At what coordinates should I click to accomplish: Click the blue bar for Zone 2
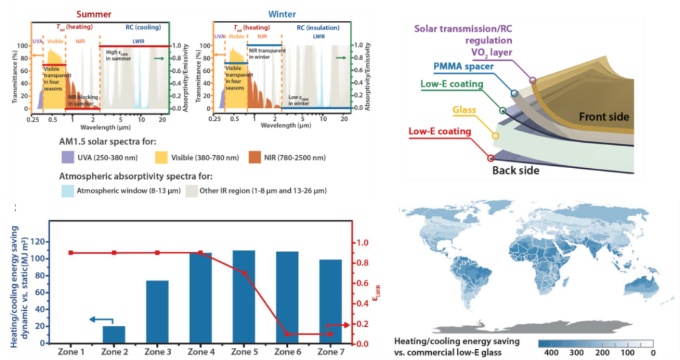click(x=118, y=335)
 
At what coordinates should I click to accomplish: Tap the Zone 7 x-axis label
click(x=329, y=352)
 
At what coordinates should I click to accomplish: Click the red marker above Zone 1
click(x=71, y=253)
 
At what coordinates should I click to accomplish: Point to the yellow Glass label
click(x=464, y=110)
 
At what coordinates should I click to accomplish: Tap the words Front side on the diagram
click(x=604, y=116)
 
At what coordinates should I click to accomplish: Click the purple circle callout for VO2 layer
click(x=533, y=80)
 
